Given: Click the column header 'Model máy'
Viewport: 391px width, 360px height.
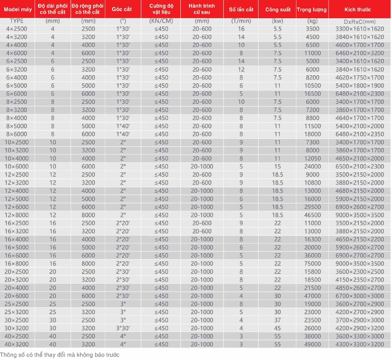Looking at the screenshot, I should point(17,9).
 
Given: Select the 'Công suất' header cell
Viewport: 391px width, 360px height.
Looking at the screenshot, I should point(278,9).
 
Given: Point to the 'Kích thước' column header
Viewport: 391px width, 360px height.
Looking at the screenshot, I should point(358,9).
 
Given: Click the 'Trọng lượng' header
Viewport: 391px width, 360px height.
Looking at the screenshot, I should point(312,9).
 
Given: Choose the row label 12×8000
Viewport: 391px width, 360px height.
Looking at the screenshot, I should point(17,215).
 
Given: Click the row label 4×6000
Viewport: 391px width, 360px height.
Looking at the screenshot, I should point(17,53).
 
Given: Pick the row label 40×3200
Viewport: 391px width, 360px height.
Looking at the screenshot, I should point(17,344).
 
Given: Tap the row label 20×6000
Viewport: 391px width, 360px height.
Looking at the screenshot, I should point(17,296).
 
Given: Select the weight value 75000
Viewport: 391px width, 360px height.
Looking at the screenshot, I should point(312,264).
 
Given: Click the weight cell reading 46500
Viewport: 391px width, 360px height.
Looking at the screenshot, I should point(312,215).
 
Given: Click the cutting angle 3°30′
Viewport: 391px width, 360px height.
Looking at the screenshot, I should point(123,328).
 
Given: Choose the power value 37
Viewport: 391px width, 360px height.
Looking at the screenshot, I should point(278,320).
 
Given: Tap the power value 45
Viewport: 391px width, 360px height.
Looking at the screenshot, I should point(278,328).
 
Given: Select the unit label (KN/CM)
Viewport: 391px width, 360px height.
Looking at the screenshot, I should point(161,21).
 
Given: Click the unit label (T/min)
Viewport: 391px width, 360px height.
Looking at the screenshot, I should point(241,21).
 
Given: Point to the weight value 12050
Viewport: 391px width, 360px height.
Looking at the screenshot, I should point(312,158).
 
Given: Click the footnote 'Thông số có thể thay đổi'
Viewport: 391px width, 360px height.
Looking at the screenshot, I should point(60,354).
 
